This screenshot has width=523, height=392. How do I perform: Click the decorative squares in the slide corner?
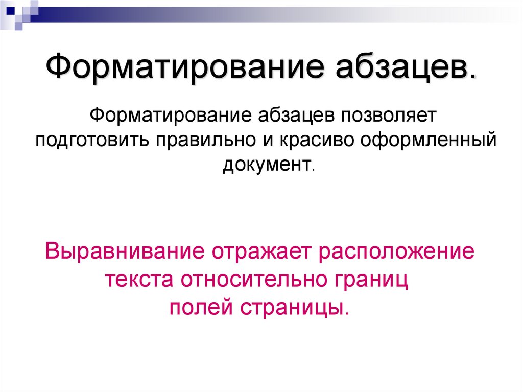[19, 11]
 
